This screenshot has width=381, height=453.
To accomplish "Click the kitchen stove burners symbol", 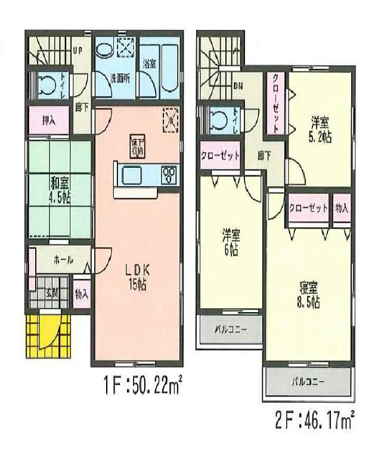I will coord(169,174).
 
